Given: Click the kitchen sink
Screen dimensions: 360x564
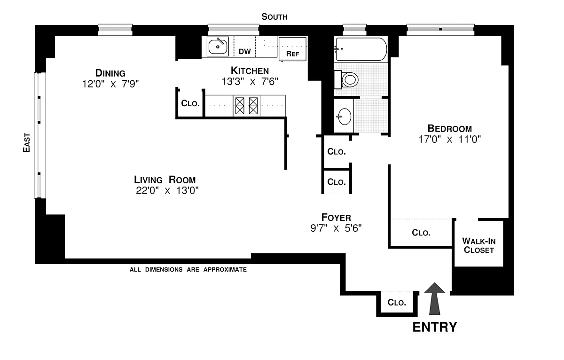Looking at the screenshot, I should (218, 47).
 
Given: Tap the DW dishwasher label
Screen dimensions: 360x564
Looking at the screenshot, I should (244, 51).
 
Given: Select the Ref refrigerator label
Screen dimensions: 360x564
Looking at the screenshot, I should (292, 53).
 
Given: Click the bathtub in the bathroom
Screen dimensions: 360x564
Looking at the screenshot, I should (360, 49).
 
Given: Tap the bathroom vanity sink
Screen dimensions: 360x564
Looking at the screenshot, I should (344, 116).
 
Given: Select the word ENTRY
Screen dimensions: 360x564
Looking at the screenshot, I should (434, 327).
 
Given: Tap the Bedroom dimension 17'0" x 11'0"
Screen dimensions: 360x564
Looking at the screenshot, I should (449, 139).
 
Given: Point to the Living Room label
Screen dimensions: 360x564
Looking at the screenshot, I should (164, 180).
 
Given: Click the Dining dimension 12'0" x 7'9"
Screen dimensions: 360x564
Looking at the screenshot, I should (110, 84).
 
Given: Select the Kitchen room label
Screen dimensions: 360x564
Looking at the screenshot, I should (250, 70).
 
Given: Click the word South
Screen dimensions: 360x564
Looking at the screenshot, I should (274, 17).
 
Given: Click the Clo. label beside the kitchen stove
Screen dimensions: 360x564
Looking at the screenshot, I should (190, 103).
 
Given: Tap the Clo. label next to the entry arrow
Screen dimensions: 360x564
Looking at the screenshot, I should (397, 302).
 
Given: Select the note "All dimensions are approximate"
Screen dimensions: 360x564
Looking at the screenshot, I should (188, 270).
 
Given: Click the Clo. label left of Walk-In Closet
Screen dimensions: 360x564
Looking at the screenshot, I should (421, 232).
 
